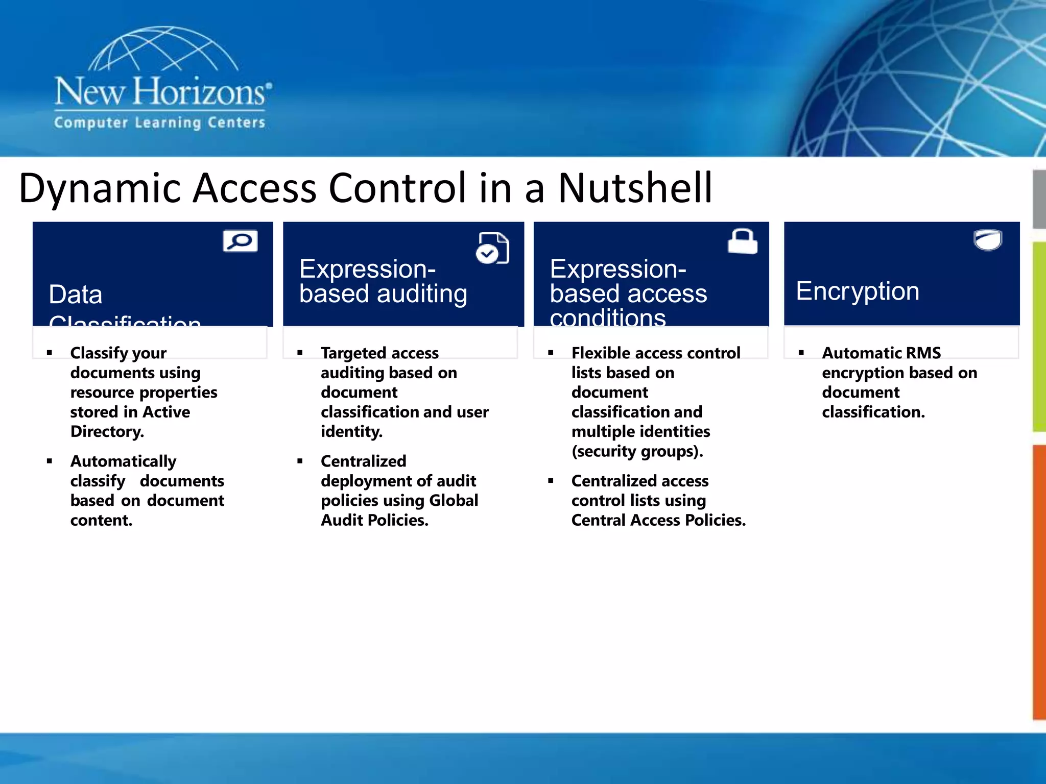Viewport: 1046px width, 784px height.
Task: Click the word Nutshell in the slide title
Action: (635, 188)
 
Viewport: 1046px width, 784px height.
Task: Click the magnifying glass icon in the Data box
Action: (240, 241)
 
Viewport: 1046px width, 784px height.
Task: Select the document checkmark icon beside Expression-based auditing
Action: (492, 249)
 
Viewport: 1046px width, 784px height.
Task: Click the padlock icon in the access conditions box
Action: (742, 241)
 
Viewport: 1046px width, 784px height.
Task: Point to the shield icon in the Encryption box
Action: (988, 240)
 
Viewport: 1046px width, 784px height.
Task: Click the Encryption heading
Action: (857, 291)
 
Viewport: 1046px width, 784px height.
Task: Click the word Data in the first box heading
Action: (76, 295)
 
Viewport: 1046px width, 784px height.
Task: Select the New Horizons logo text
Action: (160, 92)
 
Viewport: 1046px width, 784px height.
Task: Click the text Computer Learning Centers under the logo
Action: (159, 123)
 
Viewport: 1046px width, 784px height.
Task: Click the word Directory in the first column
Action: (107, 432)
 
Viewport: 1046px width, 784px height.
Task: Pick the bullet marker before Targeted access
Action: (300, 353)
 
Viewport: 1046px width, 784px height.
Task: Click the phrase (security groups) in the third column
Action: (636, 451)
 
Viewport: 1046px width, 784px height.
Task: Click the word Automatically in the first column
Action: (123, 461)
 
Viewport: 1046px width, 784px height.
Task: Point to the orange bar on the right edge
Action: (1039, 582)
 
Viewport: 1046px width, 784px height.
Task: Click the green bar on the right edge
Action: (1039, 337)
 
